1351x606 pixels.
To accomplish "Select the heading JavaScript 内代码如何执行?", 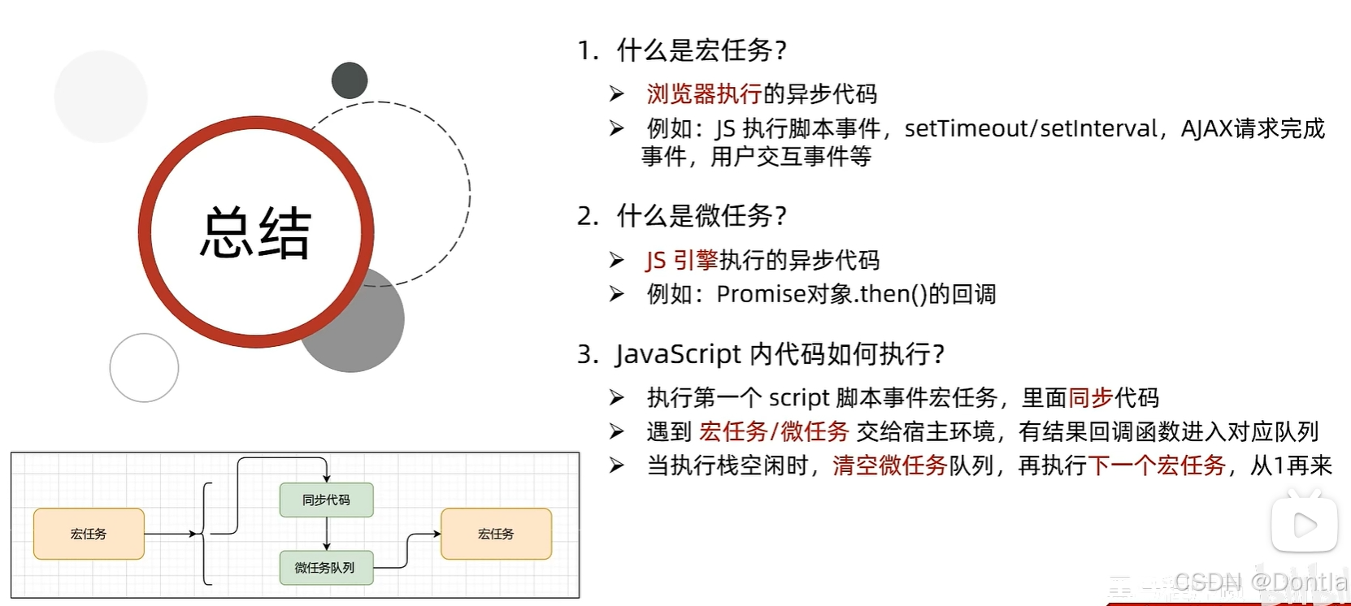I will pos(780,354).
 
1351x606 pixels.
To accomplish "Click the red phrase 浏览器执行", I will pos(704,94).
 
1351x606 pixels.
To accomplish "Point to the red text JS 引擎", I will pos(681,260).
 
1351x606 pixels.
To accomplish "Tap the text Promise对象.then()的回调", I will pos(856,294).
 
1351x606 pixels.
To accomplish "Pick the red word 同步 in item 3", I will pos(1090,398).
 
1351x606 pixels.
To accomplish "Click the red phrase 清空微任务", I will pos(889,465).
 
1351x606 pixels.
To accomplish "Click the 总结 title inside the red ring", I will pos(255,233).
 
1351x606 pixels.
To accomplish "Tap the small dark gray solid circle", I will pos(350,80).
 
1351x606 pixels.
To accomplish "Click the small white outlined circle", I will pos(144,367).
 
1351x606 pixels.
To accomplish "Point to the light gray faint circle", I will pos(101,97).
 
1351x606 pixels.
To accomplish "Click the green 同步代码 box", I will pos(326,500).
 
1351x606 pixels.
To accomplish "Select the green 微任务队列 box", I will pos(325,568).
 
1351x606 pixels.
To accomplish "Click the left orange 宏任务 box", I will pos(89,534).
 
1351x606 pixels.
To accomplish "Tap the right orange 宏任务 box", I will pos(496,534).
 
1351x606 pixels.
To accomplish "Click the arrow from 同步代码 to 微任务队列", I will pos(327,534).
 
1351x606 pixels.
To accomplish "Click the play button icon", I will pos(1304,525).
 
